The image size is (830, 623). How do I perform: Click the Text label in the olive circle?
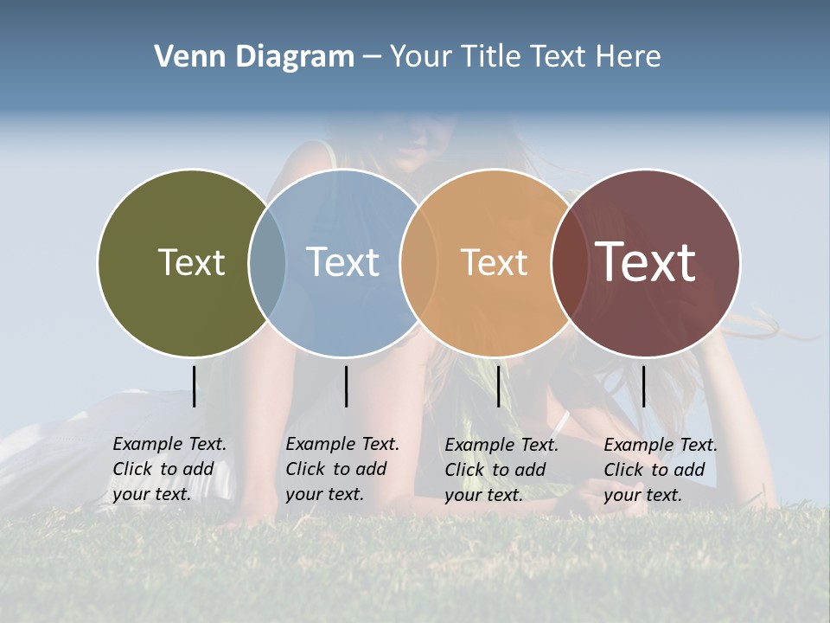[191, 262]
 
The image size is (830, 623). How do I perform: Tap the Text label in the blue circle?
[342, 262]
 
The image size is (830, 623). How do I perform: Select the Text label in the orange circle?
[494, 262]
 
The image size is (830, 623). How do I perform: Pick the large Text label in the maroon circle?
[645, 262]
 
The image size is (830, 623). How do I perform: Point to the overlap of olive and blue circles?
[267, 262]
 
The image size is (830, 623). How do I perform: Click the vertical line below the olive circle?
[195, 386]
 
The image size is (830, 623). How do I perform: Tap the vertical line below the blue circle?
[346, 386]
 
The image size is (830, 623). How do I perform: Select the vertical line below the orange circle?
[498, 386]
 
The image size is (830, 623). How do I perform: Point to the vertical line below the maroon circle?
[644, 386]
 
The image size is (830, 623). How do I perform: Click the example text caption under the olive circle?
[169, 469]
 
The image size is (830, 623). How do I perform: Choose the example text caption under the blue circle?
[342, 469]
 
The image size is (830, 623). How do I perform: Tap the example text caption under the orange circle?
[501, 470]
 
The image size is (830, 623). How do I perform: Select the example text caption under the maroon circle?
[661, 470]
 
